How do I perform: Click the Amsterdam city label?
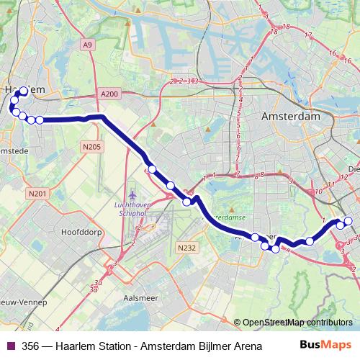point(291,116)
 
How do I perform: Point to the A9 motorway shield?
point(87,45)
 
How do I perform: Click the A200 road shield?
point(109,94)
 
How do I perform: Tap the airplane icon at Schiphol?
point(131,194)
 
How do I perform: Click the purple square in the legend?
point(9,346)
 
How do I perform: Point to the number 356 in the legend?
point(30,346)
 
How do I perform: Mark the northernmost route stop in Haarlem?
point(23,91)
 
